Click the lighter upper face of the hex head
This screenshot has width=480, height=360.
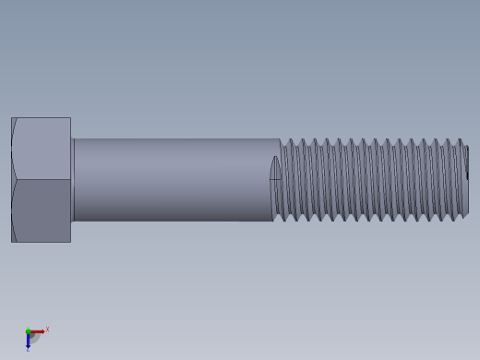pyautogui.click(x=42, y=148)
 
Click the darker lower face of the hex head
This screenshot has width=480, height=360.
pyautogui.click(x=42, y=210)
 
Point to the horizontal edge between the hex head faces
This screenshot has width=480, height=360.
pyautogui.click(x=42, y=179)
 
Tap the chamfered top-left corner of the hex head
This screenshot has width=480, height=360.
pyautogui.click(x=14, y=124)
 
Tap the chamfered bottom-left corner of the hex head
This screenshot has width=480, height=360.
pyautogui.click(x=14, y=235)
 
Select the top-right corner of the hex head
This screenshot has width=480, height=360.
pyautogui.click(x=70, y=118)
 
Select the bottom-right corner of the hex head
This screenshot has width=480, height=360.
pyautogui.click(x=70, y=242)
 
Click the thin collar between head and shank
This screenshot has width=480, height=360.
pyautogui.click(x=72, y=179)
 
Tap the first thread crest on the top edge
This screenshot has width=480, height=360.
pyautogui.click(x=292, y=141)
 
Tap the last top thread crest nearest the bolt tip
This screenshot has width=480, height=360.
pyautogui.click(x=460, y=141)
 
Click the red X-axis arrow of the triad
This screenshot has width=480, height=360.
pyautogui.click(x=38, y=331)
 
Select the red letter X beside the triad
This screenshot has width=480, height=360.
pyautogui.click(x=47, y=329)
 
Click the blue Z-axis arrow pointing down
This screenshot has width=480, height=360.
pyautogui.click(x=28, y=341)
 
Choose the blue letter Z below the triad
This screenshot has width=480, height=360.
pyautogui.click(x=28, y=350)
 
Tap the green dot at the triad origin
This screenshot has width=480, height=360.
pyautogui.click(x=28, y=330)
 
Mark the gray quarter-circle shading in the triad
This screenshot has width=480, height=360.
pyautogui.click(x=34, y=338)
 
